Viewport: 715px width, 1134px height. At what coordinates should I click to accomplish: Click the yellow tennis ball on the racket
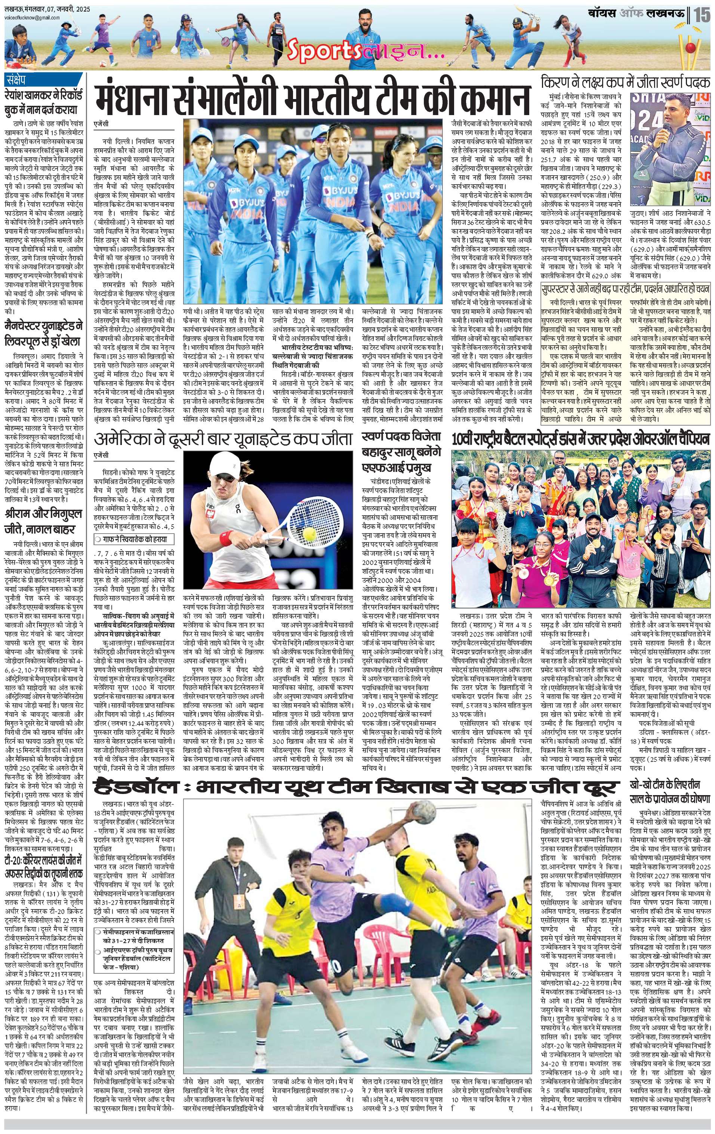pyautogui.click(x=309, y=533)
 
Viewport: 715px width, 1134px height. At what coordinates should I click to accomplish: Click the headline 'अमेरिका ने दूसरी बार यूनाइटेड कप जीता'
pyautogui.click(x=224, y=439)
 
